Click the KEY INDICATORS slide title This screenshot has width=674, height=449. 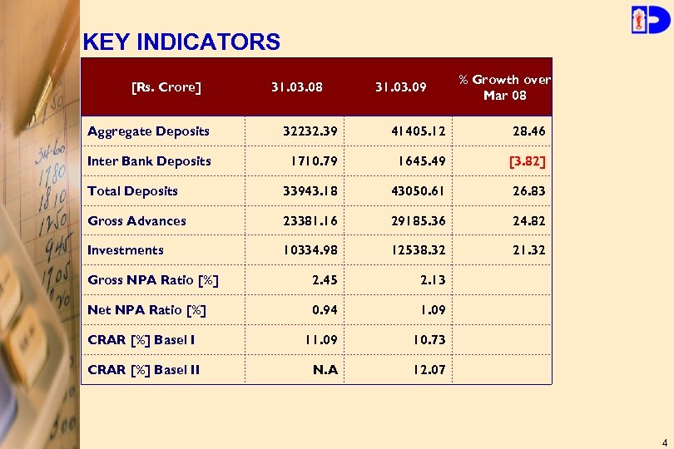[x=181, y=42]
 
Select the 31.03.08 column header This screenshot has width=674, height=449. [x=297, y=86]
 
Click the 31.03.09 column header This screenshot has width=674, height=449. [x=400, y=86]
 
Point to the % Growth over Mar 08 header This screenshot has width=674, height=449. [x=504, y=87]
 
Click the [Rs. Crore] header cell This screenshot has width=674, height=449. [x=166, y=86]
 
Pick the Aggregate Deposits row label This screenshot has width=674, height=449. [x=149, y=131]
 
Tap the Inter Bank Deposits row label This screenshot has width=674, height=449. [x=150, y=161]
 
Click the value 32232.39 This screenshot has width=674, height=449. [x=310, y=131]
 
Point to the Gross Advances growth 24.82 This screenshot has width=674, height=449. [x=529, y=221]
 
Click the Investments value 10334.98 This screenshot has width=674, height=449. [x=310, y=250]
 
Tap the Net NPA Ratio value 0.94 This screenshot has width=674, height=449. [x=325, y=310]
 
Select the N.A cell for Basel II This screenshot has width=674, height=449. [x=325, y=370]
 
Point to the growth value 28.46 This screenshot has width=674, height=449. [x=529, y=131]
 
